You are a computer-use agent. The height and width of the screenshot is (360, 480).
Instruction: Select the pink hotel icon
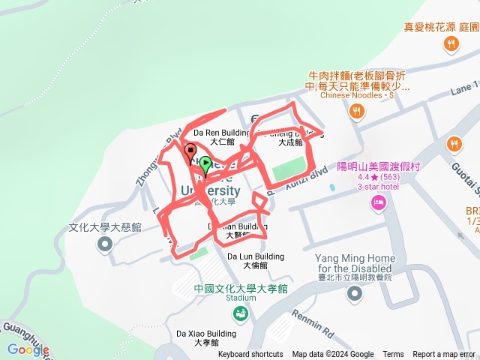click(379, 201)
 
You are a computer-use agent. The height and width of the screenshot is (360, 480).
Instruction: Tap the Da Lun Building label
click(256, 260)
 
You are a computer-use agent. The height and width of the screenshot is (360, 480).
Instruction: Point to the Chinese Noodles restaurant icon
click(357, 112)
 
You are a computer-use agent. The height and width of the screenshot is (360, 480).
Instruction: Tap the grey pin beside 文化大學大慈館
click(105, 244)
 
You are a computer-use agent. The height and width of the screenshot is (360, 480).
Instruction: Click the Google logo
click(28, 349)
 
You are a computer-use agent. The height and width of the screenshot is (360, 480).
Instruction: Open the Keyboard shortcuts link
click(250, 355)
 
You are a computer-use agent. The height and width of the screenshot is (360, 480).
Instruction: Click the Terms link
click(393, 355)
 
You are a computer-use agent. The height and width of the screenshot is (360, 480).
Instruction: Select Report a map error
click(444, 355)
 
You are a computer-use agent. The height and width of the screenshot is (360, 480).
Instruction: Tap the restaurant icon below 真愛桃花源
click(451, 44)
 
